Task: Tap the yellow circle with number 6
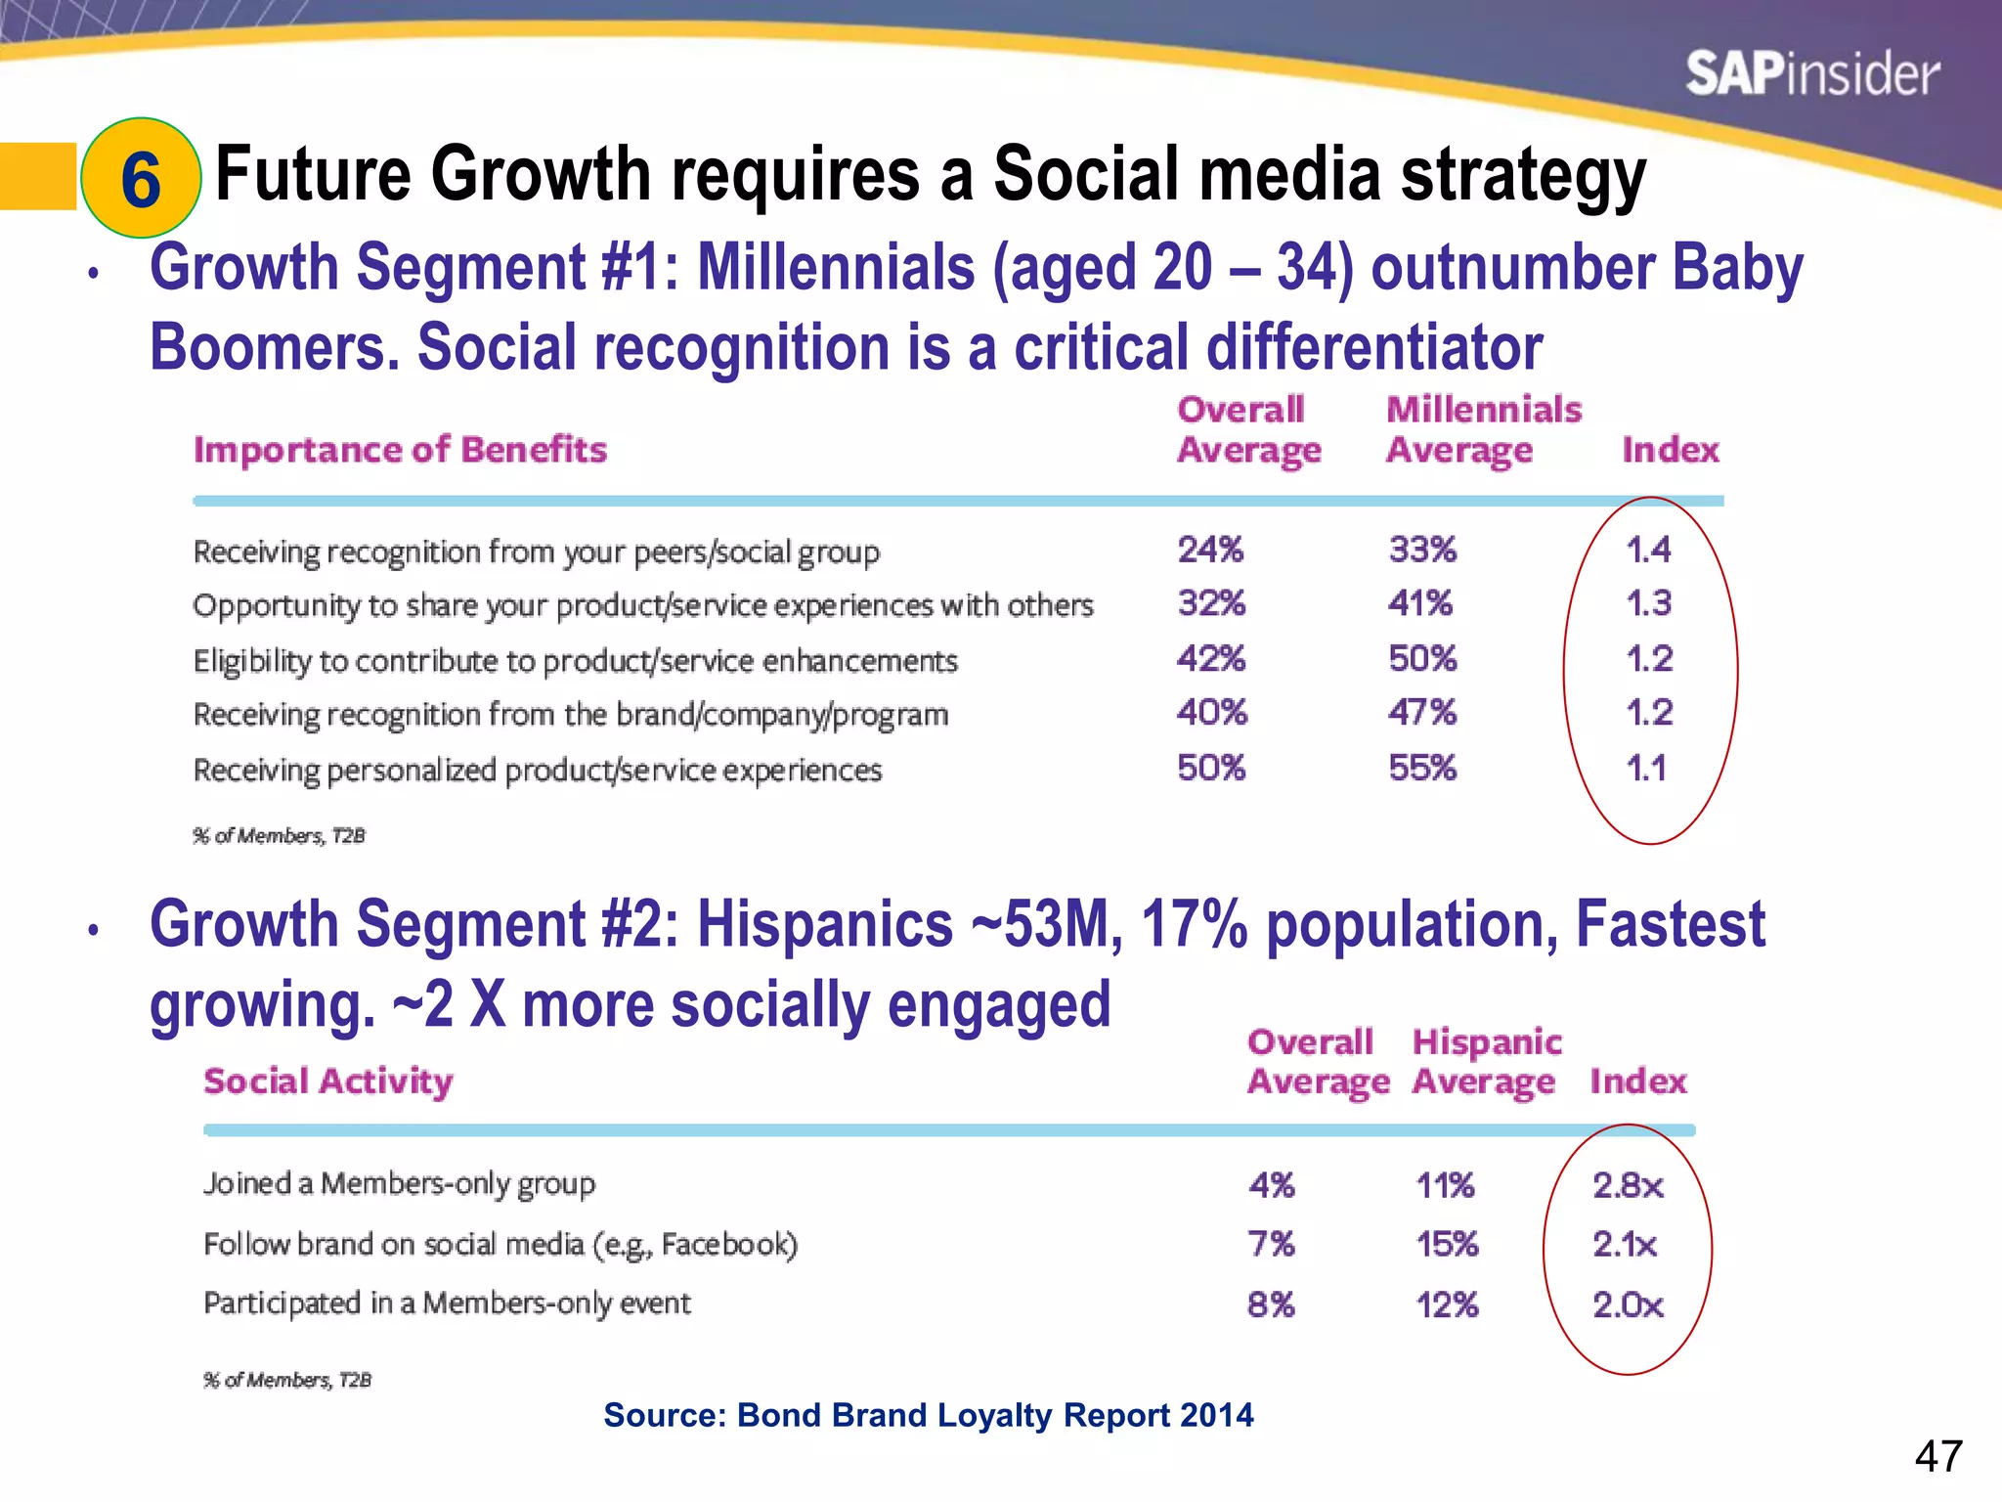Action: (x=141, y=178)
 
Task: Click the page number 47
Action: (x=1937, y=1457)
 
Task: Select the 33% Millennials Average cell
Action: (x=1422, y=550)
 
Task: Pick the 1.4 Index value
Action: (x=1648, y=550)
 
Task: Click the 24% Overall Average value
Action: (x=1210, y=550)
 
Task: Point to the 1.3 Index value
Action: (x=1648, y=603)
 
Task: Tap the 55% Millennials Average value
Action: (x=1422, y=768)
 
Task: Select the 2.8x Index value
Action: (x=1628, y=1185)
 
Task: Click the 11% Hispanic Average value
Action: (x=1445, y=1185)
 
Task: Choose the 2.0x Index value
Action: (x=1628, y=1304)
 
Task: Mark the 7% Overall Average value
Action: (x=1271, y=1244)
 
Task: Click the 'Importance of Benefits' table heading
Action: (x=400, y=450)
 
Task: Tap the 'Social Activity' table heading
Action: (x=328, y=1081)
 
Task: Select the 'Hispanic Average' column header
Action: (x=1486, y=1062)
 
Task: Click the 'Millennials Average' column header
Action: (x=1482, y=430)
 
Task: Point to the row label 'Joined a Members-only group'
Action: (x=399, y=1184)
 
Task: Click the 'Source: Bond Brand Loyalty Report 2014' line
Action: (x=928, y=1415)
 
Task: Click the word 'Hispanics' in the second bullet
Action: (x=824, y=924)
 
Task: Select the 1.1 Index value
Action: (x=1646, y=768)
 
